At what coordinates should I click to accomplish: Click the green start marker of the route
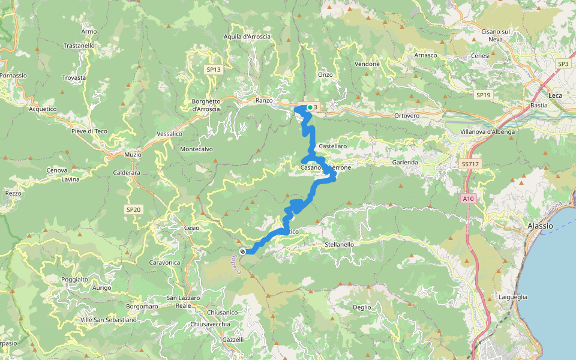310,107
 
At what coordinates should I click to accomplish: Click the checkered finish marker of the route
242,251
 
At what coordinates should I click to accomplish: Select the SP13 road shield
214,70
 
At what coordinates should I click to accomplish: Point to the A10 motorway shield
469,198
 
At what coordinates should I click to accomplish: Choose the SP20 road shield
133,209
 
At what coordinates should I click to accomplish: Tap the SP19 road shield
483,95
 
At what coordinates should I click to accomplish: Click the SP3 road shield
563,64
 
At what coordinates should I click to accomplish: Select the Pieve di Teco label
88,131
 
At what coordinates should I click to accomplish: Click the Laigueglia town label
512,296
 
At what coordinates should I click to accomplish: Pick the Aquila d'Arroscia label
247,37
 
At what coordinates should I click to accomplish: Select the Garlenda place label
405,163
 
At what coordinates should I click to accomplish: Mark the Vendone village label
367,64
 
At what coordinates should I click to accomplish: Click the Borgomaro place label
142,307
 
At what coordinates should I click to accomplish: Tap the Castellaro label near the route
333,146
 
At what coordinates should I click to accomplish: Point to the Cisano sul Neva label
496,35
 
